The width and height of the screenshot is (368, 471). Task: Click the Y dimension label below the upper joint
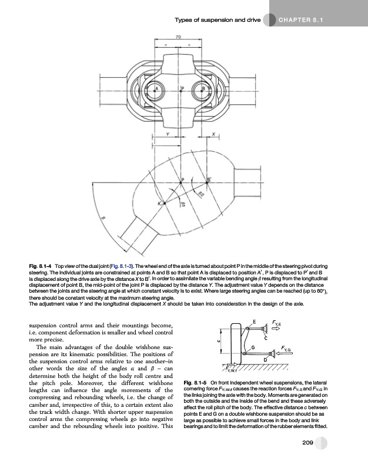(x=167, y=134)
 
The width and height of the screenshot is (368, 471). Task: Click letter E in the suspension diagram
(x=254, y=321)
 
